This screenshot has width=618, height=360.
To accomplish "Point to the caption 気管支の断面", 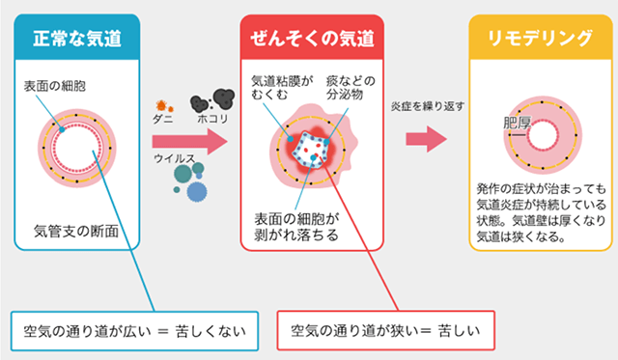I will (x=76, y=230).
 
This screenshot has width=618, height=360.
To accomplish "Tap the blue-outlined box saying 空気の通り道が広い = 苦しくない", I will (x=135, y=331).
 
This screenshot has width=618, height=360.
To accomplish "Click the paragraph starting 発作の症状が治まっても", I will (x=542, y=212).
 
